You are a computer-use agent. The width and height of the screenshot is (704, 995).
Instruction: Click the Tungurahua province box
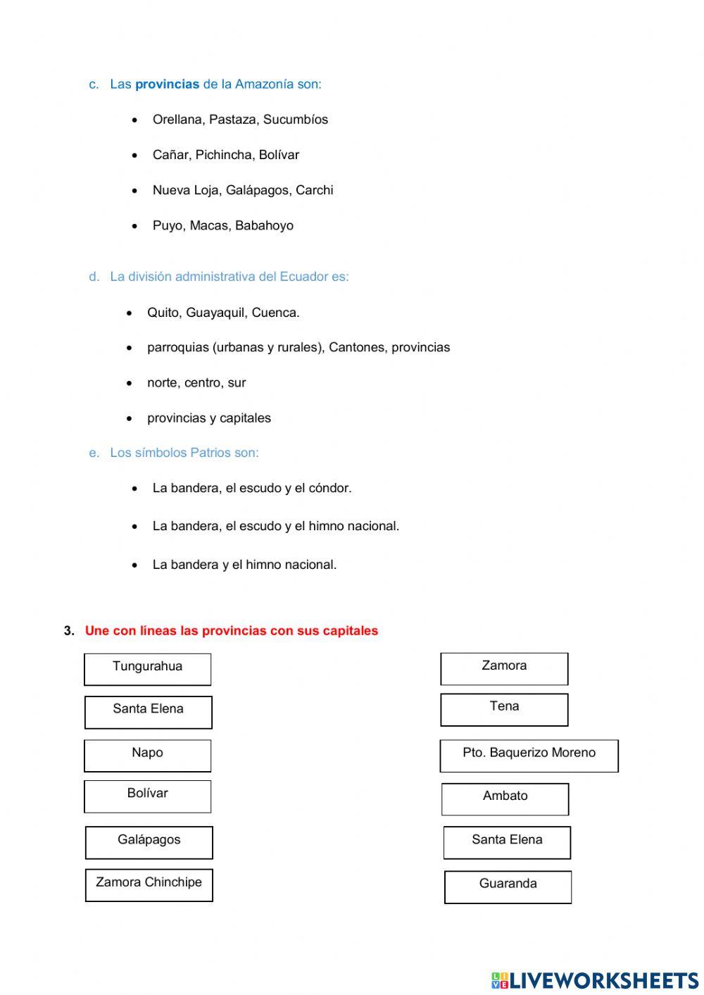147,669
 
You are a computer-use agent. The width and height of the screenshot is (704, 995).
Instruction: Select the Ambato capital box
505,799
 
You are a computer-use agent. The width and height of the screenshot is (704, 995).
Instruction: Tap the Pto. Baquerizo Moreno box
529,756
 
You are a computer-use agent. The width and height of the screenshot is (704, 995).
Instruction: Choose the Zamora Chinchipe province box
149,885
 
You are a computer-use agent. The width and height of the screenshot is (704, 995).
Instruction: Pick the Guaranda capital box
508,887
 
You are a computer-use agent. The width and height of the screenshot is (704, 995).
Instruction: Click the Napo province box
147,756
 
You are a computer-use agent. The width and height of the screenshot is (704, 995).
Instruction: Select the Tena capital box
504,709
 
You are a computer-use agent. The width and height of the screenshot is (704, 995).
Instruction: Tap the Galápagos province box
149,842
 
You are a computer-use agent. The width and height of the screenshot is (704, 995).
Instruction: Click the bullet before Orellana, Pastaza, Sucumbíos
134,120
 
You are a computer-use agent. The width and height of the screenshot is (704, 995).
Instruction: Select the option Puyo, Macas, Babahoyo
222,226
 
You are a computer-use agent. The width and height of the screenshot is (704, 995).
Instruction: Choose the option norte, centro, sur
196,383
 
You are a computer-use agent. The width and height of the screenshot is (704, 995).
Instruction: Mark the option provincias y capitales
209,418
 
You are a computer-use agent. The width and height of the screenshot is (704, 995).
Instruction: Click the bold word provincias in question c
167,85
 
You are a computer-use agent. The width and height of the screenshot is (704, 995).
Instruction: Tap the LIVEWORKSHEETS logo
594,980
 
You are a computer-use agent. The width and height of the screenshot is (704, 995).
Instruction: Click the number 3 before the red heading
68,631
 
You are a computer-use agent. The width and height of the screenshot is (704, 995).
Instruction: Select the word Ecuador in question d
303,277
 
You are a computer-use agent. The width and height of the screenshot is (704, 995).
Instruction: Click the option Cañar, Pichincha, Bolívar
225,155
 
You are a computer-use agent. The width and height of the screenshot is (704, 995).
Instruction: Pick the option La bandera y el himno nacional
244,565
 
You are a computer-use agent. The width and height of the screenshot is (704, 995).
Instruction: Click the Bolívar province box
147,796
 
